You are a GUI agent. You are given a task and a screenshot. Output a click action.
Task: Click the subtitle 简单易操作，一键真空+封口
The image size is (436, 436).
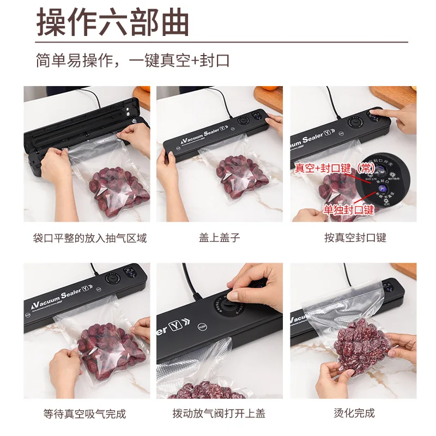132,60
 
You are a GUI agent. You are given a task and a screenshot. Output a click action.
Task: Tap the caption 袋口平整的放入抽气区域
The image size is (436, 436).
89,238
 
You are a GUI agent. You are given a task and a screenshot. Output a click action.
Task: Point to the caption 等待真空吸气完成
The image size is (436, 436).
84,414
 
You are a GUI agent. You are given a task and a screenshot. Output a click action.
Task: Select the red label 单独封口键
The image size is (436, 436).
349,210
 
